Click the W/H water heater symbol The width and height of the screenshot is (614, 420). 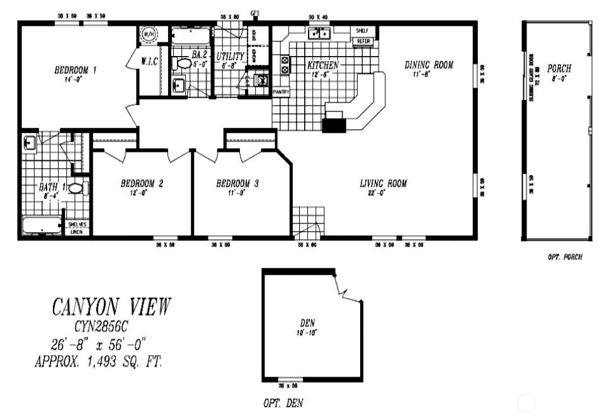pyautogui.click(x=149, y=33)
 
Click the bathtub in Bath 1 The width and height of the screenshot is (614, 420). pyautogui.click(x=42, y=225)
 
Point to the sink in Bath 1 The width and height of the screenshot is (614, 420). pyautogui.click(x=29, y=142)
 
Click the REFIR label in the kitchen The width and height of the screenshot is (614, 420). pyautogui.click(x=363, y=42)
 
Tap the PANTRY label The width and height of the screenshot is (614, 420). pyautogui.click(x=281, y=92)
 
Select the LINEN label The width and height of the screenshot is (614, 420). pyautogui.click(x=77, y=232)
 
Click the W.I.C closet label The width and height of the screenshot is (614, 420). pyautogui.click(x=149, y=62)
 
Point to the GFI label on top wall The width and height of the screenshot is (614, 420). pyautogui.click(x=255, y=13)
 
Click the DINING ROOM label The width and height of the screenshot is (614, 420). pyautogui.click(x=428, y=65)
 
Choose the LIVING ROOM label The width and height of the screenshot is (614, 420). pyautogui.click(x=383, y=184)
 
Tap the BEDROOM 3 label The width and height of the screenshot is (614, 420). pyautogui.click(x=237, y=184)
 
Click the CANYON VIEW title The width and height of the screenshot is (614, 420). pyautogui.click(x=111, y=307)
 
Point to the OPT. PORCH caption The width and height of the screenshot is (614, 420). pyautogui.click(x=564, y=257)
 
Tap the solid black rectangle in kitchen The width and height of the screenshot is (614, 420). pyautogui.click(x=334, y=125)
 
